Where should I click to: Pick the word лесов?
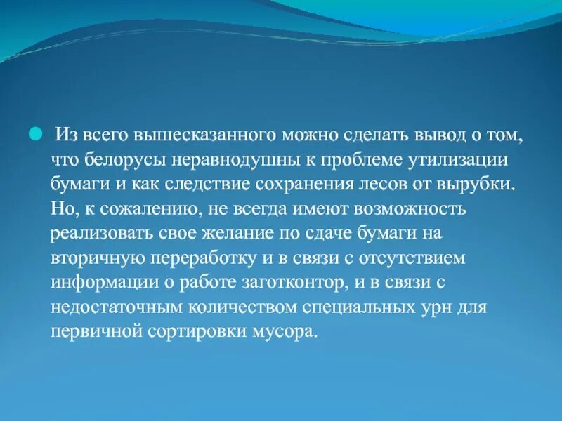[396, 185]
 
